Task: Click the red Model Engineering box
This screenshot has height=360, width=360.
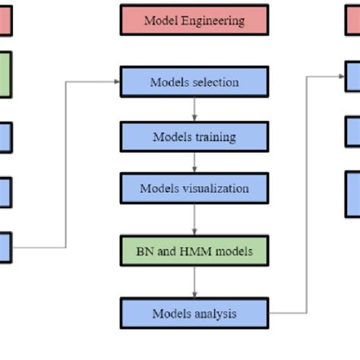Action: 194,21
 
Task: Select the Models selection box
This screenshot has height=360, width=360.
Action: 194,82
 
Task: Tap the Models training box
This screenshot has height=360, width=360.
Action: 194,137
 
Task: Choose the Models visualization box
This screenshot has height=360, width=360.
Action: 194,188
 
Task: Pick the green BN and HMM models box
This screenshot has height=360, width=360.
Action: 194,250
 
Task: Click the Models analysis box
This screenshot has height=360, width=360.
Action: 194,313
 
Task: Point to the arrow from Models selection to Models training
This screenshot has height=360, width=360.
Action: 194,109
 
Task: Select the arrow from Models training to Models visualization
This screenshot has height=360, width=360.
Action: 194,163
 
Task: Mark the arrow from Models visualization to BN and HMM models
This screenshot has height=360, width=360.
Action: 194,219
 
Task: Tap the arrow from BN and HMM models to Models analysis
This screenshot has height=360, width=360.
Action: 194,281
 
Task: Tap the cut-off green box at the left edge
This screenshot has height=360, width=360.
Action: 5,74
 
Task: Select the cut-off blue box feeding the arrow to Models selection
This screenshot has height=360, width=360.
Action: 5,248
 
